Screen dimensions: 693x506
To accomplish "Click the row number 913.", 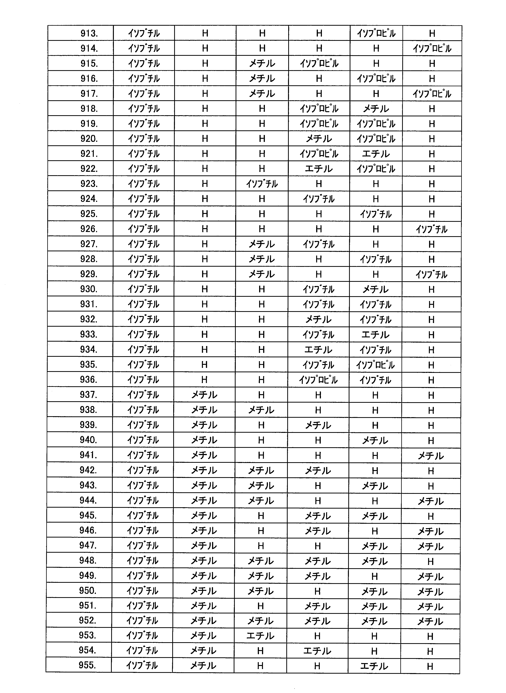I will [x=89, y=33].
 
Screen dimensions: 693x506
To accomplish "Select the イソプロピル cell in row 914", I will [x=432, y=49].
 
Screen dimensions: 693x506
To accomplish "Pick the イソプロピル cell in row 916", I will [x=376, y=79].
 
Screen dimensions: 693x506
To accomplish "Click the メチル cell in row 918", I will [x=376, y=109].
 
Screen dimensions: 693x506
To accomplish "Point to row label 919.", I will [x=89, y=124].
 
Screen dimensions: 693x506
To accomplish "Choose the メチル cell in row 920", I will [x=319, y=139].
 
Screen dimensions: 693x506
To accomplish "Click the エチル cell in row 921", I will [x=376, y=154].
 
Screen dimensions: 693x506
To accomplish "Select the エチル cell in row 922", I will [x=319, y=169].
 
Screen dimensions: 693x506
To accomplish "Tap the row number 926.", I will [x=89, y=229].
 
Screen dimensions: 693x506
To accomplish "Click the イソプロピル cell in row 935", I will [x=375, y=365].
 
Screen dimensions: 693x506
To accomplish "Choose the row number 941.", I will [x=88, y=455].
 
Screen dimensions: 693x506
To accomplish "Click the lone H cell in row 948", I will [x=431, y=561].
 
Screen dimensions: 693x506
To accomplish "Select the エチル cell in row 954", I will [x=317, y=651].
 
